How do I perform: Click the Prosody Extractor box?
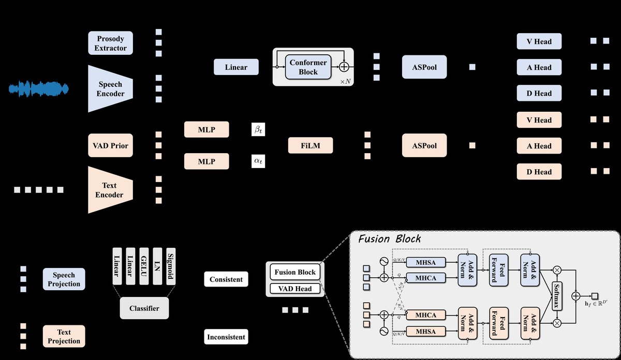(110, 43)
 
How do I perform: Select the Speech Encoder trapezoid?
(110, 88)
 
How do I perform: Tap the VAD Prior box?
(110, 145)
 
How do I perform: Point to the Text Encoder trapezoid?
(110, 190)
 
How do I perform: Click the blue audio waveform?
(39, 88)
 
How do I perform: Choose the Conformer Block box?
(308, 67)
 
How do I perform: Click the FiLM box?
(310, 145)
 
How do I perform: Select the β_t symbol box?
(258, 129)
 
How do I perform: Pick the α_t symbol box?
(258, 161)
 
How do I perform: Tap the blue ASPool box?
(424, 67)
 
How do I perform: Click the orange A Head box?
(539, 146)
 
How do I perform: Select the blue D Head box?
(539, 94)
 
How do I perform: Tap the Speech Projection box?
(63, 279)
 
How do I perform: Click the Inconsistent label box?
(226, 337)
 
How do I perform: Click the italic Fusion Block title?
(390, 239)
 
